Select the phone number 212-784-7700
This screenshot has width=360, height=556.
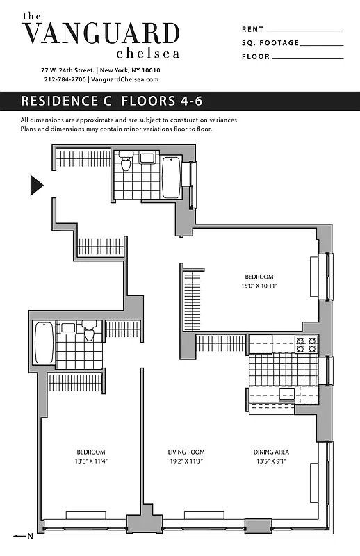click(65, 80)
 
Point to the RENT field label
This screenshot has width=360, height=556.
click(252, 30)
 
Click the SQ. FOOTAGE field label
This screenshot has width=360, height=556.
click(270, 43)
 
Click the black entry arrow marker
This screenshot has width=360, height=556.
click(37, 185)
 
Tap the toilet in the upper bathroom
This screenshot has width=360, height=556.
click(126, 163)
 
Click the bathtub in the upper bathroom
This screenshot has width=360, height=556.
click(171, 177)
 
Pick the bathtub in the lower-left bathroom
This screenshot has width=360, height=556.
click(44, 342)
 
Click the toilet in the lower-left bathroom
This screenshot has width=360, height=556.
click(89, 334)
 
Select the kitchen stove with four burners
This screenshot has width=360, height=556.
click(306, 343)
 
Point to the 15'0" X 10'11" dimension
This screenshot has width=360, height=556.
click(259, 286)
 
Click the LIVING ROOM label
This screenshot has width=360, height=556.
click(186, 452)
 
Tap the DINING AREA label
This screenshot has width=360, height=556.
click(271, 452)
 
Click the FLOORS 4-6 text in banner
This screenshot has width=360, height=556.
click(161, 101)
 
